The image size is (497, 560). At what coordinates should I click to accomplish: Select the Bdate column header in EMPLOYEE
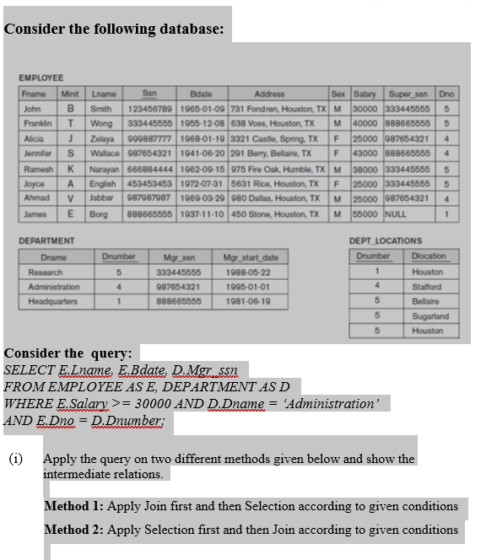pos(202,94)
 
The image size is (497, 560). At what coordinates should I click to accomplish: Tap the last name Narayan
pos(101,168)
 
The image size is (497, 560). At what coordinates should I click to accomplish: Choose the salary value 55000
pos(364,215)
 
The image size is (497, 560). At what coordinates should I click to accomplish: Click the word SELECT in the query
pos(28,370)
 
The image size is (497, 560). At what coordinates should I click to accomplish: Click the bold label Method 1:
pos(73,506)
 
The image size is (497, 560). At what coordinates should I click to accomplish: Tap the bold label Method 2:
pos(73,530)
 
